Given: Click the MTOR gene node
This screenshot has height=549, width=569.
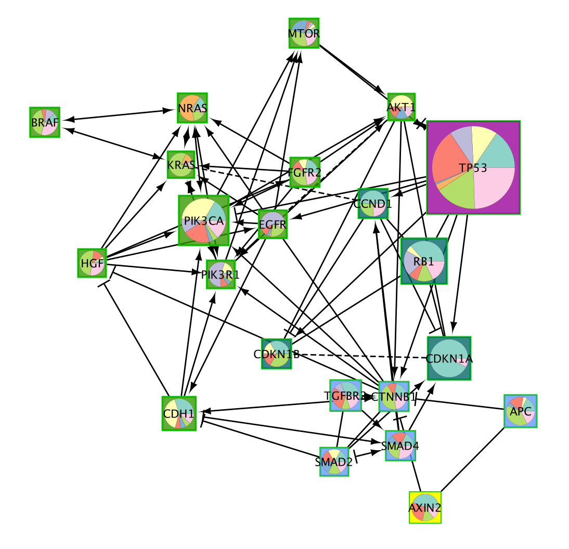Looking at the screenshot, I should [304, 33].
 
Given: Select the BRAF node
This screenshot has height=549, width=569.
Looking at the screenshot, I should [45, 122].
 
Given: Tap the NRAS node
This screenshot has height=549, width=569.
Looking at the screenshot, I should [192, 108].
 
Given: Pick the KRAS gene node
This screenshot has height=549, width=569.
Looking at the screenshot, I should [181, 165].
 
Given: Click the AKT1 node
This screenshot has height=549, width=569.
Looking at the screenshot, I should [401, 107].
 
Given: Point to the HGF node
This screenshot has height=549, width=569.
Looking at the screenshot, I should [92, 263].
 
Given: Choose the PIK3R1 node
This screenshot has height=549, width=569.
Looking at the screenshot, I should [221, 274].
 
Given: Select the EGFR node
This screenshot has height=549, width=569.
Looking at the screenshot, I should [273, 225].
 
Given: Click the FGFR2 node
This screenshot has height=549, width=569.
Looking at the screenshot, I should [304, 172].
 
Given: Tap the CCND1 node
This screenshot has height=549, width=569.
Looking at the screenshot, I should [373, 203].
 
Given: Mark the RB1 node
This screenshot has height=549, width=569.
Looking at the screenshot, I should [424, 261].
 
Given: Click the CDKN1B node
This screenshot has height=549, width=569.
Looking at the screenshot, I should [276, 354].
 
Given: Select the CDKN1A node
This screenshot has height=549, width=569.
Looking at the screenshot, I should [449, 358].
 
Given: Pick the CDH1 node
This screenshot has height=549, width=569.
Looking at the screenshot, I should [179, 413].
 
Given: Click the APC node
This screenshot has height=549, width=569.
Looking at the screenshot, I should [520, 411].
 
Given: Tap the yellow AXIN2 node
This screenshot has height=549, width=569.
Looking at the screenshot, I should [425, 507].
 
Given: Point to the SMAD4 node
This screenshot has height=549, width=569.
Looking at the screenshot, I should [400, 446].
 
